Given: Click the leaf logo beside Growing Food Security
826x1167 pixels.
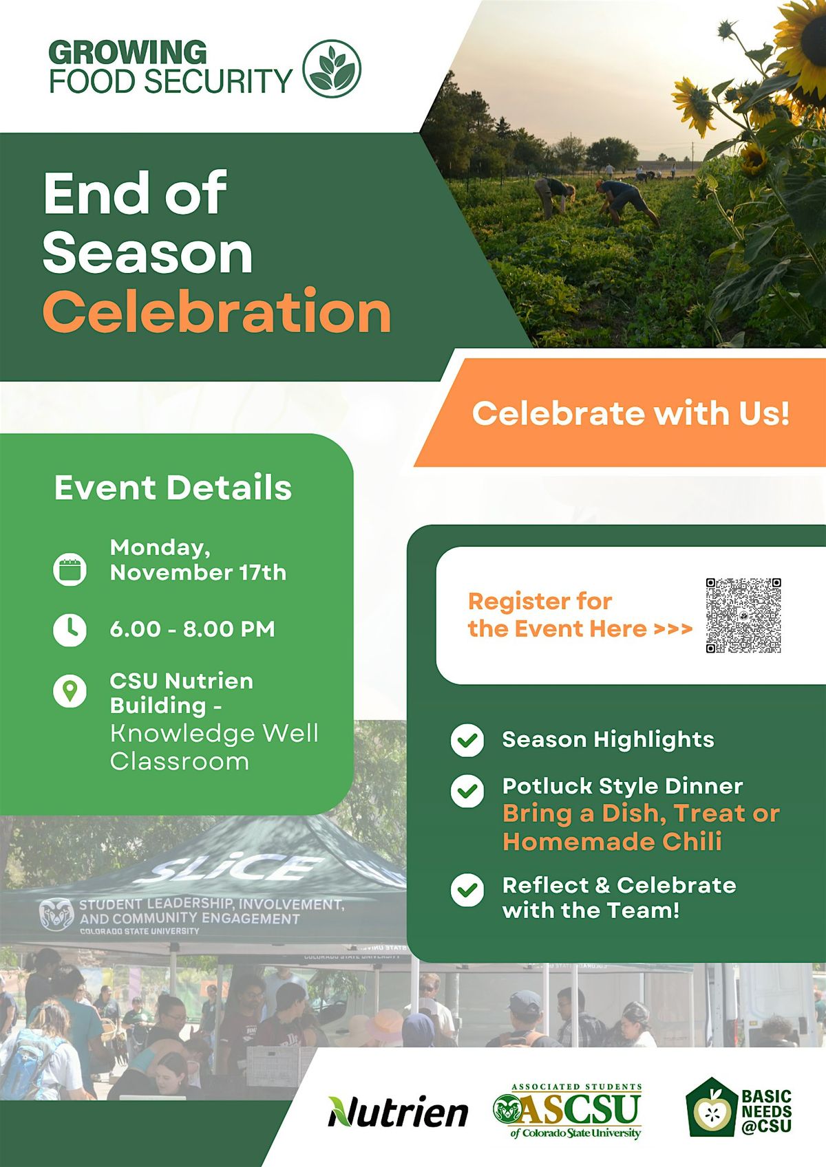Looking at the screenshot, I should (x=332, y=69).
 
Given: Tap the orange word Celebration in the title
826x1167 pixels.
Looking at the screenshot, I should (x=217, y=312).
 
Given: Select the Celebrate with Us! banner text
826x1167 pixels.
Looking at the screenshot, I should (x=631, y=413).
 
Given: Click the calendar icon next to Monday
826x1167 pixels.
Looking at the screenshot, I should (x=70, y=569).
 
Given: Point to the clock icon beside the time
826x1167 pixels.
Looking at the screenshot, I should (x=70, y=629).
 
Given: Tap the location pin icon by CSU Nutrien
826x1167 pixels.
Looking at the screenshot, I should (x=70, y=690).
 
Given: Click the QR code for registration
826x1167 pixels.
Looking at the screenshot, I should (x=743, y=615).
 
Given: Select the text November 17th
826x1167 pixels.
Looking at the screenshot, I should (x=198, y=573).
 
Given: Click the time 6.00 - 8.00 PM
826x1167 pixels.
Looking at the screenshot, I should (x=192, y=629).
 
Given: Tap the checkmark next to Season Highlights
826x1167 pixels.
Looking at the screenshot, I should (x=467, y=740).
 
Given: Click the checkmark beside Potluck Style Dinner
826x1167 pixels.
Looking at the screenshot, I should (x=467, y=791).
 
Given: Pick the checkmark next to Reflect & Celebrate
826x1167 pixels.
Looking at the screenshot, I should (x=467, y=890).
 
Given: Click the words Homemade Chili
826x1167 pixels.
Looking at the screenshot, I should (x=612, y=841).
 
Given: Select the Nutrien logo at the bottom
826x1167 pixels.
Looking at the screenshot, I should (x=398, y=1111).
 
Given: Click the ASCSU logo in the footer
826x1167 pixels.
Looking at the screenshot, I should (x=568, y=1110).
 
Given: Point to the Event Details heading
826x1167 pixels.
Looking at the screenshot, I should (x=173, y=488).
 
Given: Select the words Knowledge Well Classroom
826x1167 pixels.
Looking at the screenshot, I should (x=213, y=748).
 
